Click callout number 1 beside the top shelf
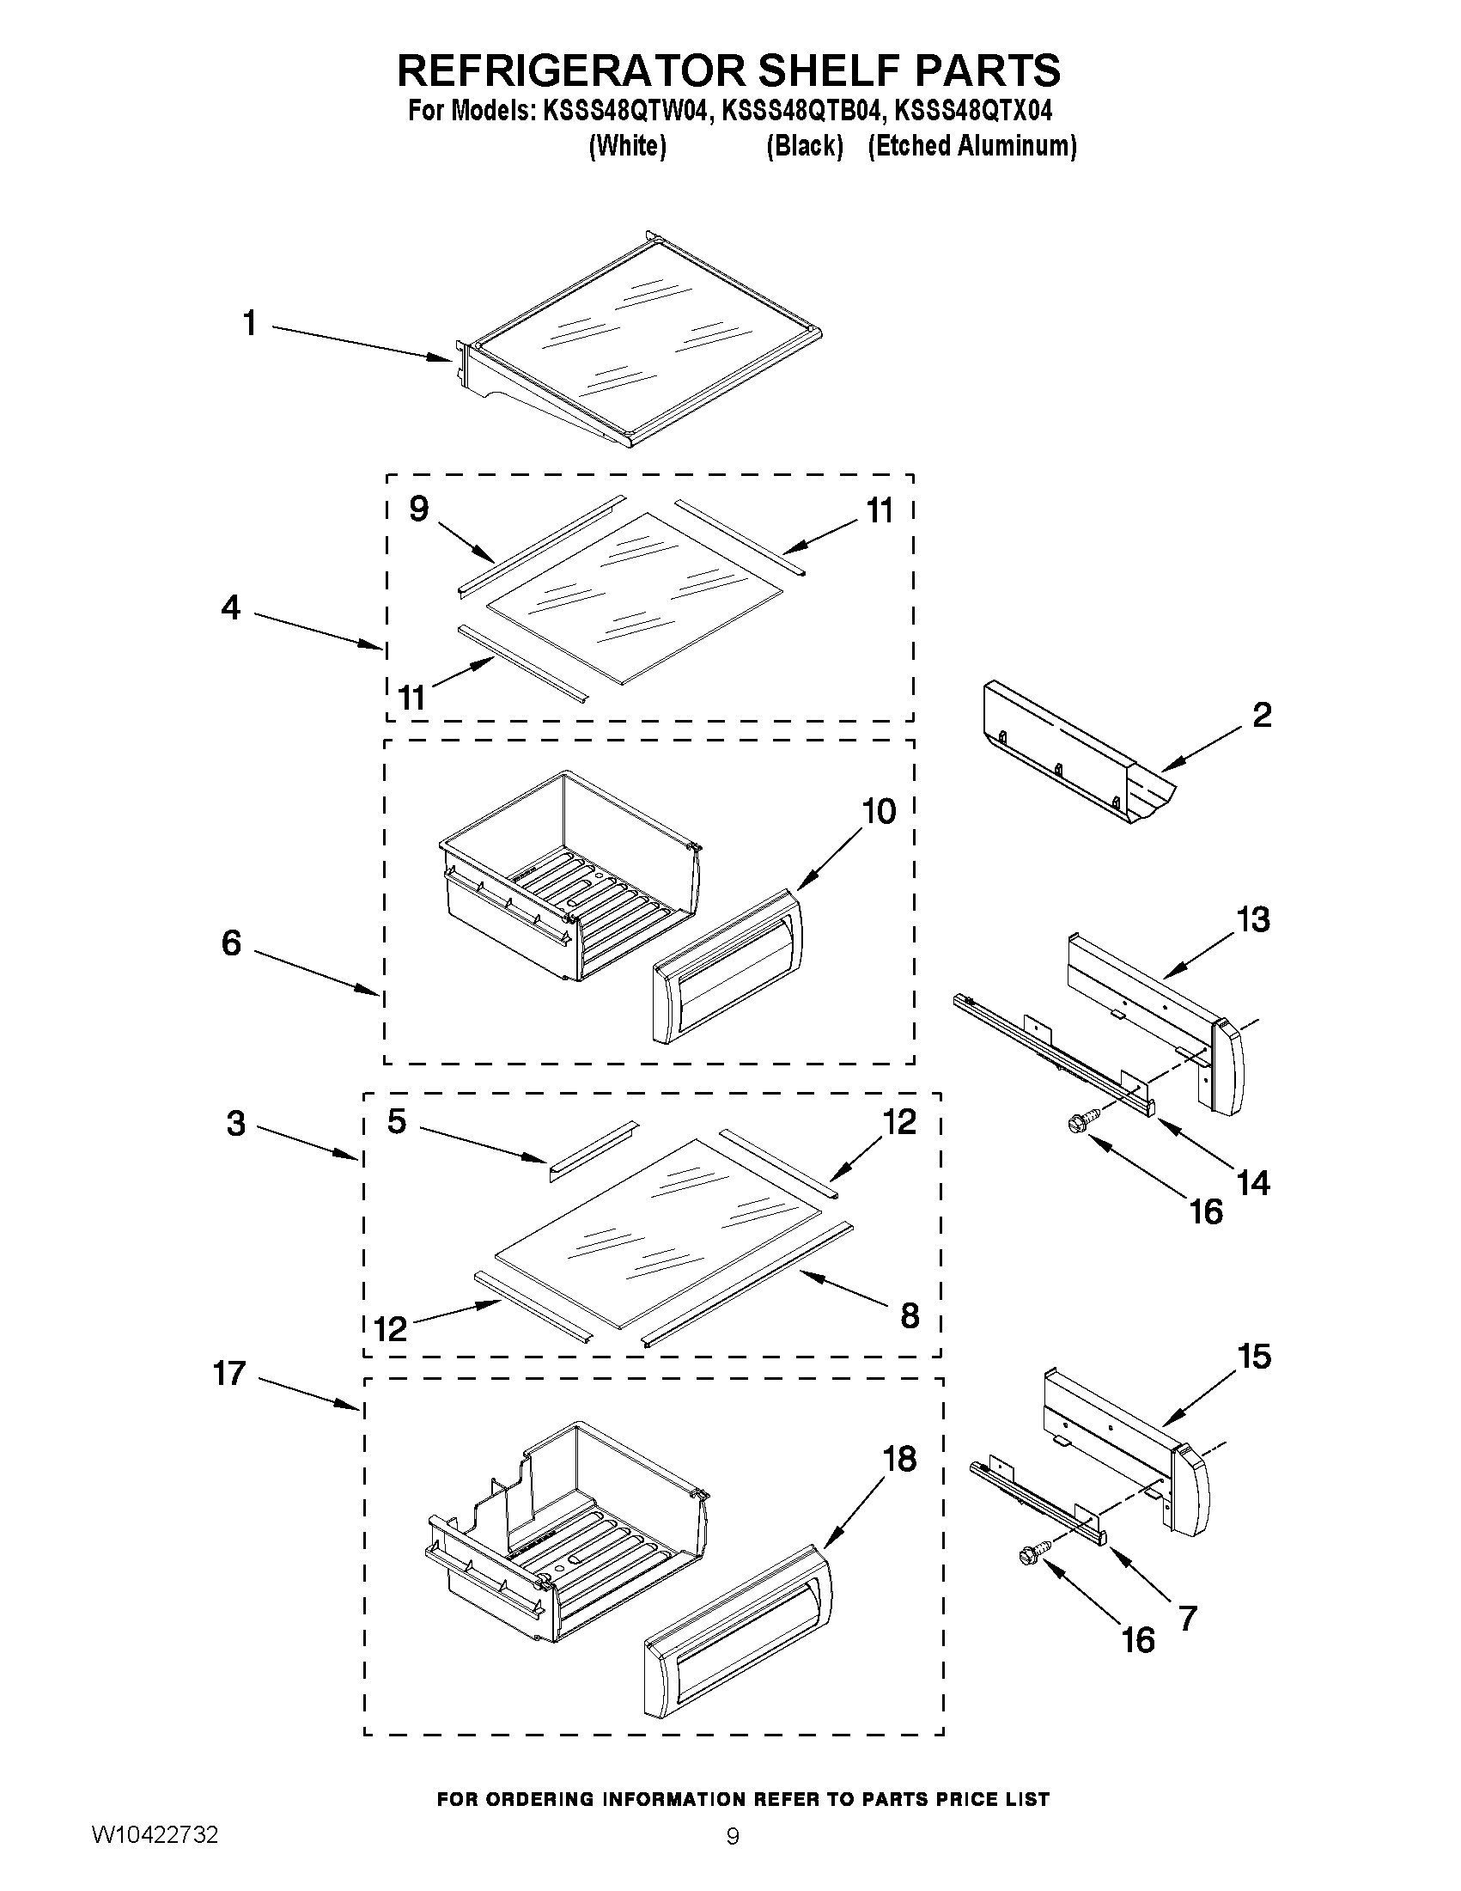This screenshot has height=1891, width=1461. [249, 324]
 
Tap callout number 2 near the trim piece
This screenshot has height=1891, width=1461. [1262, 715]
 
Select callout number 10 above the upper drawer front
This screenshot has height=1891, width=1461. [879, 811]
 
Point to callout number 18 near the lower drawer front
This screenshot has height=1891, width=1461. [899, 1459]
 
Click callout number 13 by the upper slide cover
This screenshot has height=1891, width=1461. [1252, 919]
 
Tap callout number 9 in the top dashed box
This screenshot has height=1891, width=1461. [418, 509]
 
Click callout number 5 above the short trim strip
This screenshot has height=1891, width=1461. [397, 1121]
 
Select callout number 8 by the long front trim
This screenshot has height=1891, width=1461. [909, 1315]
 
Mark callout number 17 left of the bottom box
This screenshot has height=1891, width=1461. [229, 1373]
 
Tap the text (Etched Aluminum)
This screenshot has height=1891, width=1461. [972, 145]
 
